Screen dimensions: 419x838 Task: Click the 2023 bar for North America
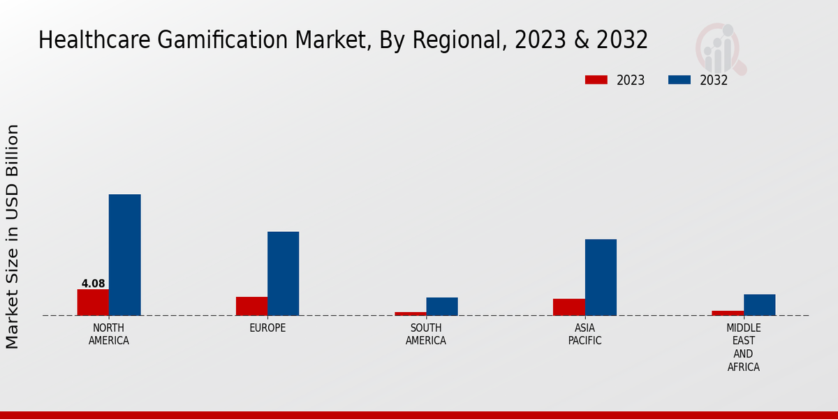coord(93,302)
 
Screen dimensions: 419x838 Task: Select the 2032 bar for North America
coord(124,255)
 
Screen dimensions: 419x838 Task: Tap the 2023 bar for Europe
coord(251,306)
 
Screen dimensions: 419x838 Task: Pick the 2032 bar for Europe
coord(283,273)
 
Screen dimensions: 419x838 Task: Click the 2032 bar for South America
coord(442,307)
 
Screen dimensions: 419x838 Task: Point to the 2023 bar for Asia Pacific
coord(568,307)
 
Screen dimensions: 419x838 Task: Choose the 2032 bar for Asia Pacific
coord(601,277)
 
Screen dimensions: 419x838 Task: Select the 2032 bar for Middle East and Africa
coord(759,304)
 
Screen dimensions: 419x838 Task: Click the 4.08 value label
coord(93,284)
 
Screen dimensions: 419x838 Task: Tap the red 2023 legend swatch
coord(596,80)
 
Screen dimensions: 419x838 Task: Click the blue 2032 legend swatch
coord(679,80)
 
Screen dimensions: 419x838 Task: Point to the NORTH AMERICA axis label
coord(109,335)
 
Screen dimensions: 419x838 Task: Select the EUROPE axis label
coord(267,328)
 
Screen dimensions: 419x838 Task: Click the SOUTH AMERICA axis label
coord(426,335)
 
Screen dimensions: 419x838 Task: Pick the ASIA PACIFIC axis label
coord(585,335)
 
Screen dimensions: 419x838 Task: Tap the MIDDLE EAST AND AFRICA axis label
coord(743,348)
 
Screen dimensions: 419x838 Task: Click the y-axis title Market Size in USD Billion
coord(13,237)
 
